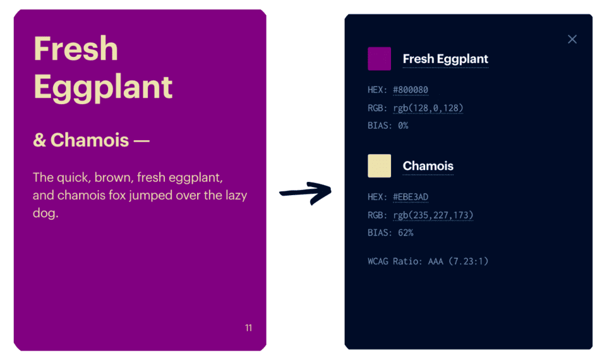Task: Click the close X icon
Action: [x=572, y=39]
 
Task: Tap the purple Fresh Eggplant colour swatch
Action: [x=379, y=59]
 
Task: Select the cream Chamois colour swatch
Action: [x=379, y=166]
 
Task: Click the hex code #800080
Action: [x=411, y=90]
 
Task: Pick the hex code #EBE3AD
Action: [x=411, y=197]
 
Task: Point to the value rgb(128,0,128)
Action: [x=428, y=108]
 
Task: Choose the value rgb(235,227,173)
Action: [x=433, y=215]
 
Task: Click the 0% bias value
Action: [x=403, y=126]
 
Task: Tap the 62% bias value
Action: [x=406, y=233]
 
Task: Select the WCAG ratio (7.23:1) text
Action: [x=467, y=261]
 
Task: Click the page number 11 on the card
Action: [x=248, y=328]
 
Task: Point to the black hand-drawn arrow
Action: [x=305, y=191]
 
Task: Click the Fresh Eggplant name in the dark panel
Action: [x=445, y=59]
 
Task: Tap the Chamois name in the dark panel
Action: [x=428, y=166]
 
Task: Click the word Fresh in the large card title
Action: [x=76, y=49]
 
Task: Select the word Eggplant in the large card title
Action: [x=103, y=87]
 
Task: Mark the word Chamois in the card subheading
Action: [x=90, y=140]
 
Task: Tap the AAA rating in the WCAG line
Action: [x=433, y=261]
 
